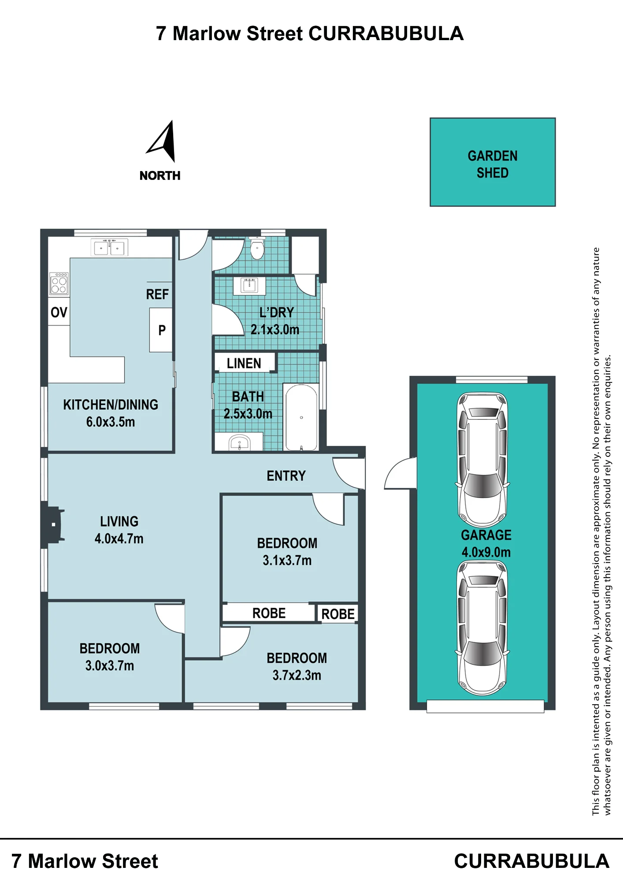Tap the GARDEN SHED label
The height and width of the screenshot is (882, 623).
(x=493, y=164)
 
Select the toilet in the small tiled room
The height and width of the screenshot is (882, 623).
(x=257, y=249)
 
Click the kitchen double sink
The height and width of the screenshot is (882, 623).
(x=109, y=247)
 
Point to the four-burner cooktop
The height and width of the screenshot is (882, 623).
(x=59, y=283)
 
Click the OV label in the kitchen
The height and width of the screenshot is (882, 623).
(x=59, y=312)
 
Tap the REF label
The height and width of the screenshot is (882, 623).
(x=157, y=294)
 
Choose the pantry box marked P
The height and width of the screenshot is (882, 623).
(x=161, y=330)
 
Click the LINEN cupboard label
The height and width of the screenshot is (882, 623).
(x=244, y=363)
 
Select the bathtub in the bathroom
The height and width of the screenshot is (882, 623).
(x=301, y=417)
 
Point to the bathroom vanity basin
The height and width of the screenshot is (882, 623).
(x=240, y=442)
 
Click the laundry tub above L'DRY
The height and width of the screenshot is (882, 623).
(x=249, y=285)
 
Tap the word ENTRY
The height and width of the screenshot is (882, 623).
(x=286, y=476)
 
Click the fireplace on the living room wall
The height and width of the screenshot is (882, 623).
(x=53, y=525)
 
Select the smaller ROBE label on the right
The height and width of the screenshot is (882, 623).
(x=338, y=614)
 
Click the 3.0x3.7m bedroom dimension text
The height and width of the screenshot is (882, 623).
(x=110, y=665)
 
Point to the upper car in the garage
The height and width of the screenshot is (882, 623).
(x=482, y=460)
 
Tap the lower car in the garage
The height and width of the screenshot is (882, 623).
(x=482, y=628)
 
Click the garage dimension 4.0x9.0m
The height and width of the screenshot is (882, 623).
(x=486, y=552)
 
